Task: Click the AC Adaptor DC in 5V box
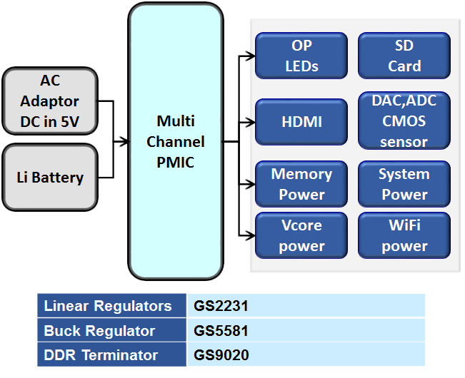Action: (50, 101)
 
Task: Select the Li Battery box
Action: (50, 177)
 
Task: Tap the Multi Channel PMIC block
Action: (175, 142)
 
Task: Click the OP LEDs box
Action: (301, 56)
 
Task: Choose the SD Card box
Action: (404, 56)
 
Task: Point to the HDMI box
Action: (301, 122)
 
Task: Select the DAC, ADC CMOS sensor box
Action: (404, 122)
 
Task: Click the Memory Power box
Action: (301, 184)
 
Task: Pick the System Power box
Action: (404, 184)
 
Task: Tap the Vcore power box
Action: (301, 235)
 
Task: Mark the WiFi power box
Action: (404, 235)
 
